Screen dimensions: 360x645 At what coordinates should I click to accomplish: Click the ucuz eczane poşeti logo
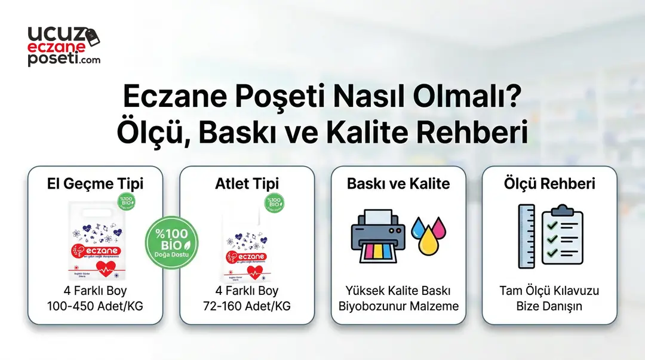click(x=63, y=45)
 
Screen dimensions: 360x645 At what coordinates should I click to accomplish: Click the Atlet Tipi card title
click(x=247, y=183)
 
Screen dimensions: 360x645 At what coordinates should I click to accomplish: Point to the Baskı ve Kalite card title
click(x=398, y=183)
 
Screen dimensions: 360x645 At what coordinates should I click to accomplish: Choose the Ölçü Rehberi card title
click(x=549, y=183)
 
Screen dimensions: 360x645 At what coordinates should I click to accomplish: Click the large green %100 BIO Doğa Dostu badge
click(x=172, y=244)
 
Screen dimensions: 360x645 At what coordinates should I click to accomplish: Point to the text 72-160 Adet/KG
click(x=247, y=306)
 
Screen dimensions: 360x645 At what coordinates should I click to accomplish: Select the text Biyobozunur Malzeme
click(x=398, y=306)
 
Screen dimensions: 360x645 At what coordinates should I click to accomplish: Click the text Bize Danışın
click(x=549, y=306)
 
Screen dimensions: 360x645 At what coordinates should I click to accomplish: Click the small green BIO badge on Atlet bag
click(x=274, y=203)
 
